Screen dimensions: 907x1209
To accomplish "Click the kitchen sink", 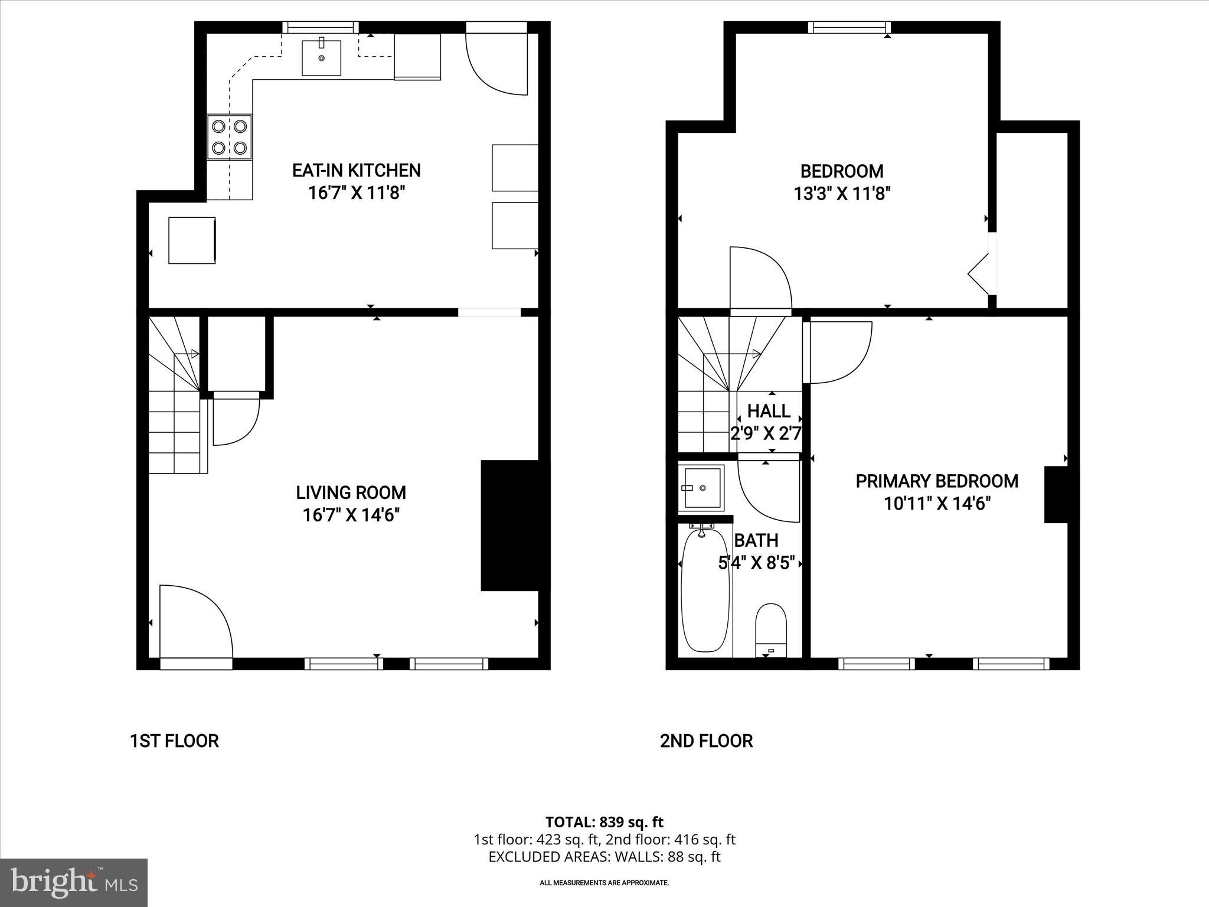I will pyautogui.click(x=321, y=58).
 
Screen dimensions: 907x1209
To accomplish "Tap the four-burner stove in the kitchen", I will pyautogui.click(x=230, y=137).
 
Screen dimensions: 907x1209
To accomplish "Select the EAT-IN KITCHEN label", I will pyautogui.click(x=357, y=171).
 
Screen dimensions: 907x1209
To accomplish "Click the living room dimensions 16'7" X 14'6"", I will pyautogui.click(x=351, y=515).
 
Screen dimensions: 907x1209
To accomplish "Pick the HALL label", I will pyautogui.click(x=769, y=411).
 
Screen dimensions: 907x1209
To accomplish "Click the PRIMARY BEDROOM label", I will pyautogui.click(x=937, y=481).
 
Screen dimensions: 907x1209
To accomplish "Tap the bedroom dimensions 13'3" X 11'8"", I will pyautogui.click(x=842, y=194).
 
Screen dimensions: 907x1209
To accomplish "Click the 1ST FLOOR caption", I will pyautogui.click(x=174, y=741).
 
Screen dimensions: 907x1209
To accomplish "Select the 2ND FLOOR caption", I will pyautogui.click(x=706, y=741).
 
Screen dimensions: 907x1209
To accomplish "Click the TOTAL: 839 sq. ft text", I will pyautogui.click(x=604, y=822).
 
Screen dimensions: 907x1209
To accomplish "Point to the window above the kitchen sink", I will pyautogui.click(x=320, y=27).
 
